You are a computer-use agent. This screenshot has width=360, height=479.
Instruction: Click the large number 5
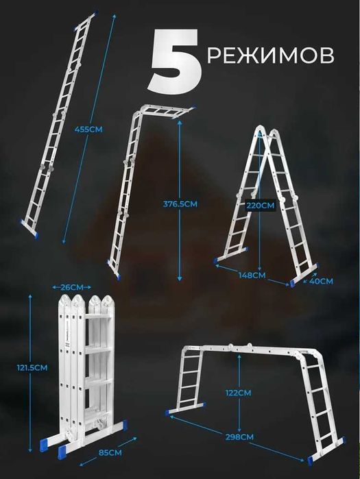(175, 61)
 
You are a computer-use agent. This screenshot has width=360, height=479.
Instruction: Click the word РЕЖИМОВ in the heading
(270, 56)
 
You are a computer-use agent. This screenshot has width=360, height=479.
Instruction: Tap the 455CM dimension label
(88, 130)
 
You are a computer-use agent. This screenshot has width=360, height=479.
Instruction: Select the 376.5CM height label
(180, 204)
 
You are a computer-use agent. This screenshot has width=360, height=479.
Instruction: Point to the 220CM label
(261, 206)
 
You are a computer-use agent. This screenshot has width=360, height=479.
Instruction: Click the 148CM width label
(252, 275)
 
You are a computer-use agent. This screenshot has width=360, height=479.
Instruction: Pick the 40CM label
(321, 281)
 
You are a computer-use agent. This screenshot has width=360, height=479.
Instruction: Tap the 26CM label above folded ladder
(72, 287)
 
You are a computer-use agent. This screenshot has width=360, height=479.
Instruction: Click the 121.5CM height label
(32, 367)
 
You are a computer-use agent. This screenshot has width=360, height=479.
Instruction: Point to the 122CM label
(239, 393)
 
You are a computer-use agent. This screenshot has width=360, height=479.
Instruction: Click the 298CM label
(239, 437)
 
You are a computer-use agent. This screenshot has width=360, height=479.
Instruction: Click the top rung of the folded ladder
(98, 317)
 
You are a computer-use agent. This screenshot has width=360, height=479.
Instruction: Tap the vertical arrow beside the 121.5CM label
(30, 373)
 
